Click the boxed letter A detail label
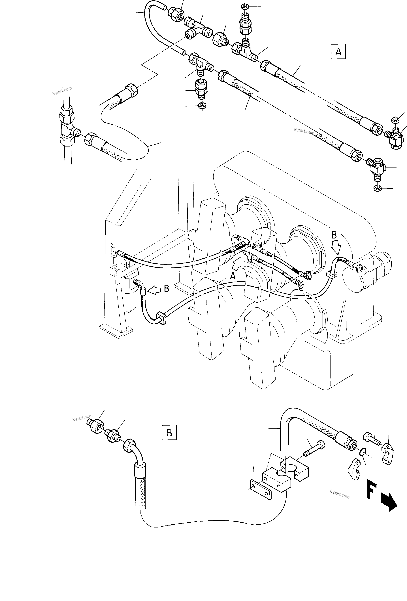click(338, 52)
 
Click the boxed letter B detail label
click(169, 432)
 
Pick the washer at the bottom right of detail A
click(378, 189)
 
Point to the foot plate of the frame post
click(116, 331)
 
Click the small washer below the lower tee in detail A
click(202, 106)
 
